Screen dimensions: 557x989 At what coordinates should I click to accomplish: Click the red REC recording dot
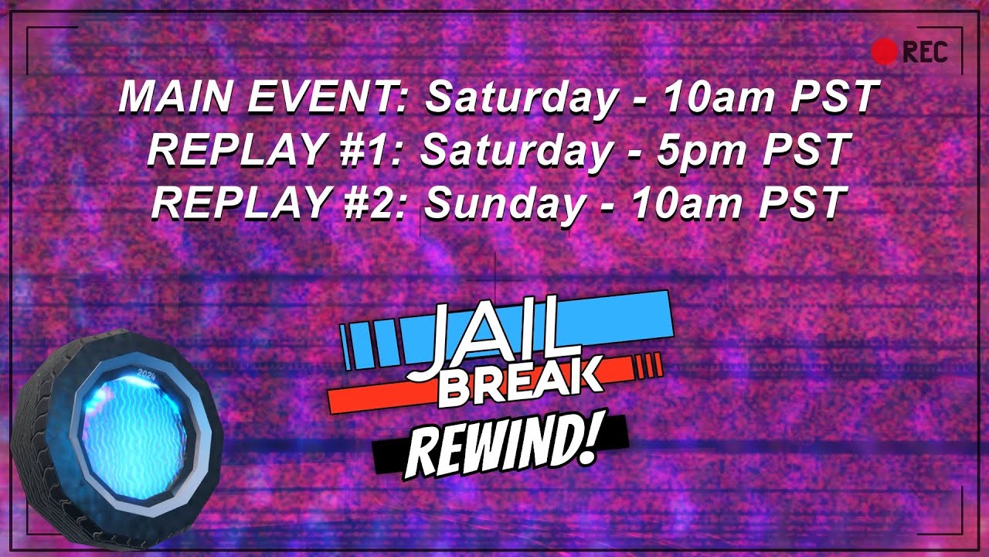point(884,52)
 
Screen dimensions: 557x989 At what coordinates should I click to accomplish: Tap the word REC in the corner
point(925,52)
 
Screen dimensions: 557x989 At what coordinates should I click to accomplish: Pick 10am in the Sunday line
point(680,203)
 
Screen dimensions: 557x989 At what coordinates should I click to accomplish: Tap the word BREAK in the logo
point(519,385)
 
